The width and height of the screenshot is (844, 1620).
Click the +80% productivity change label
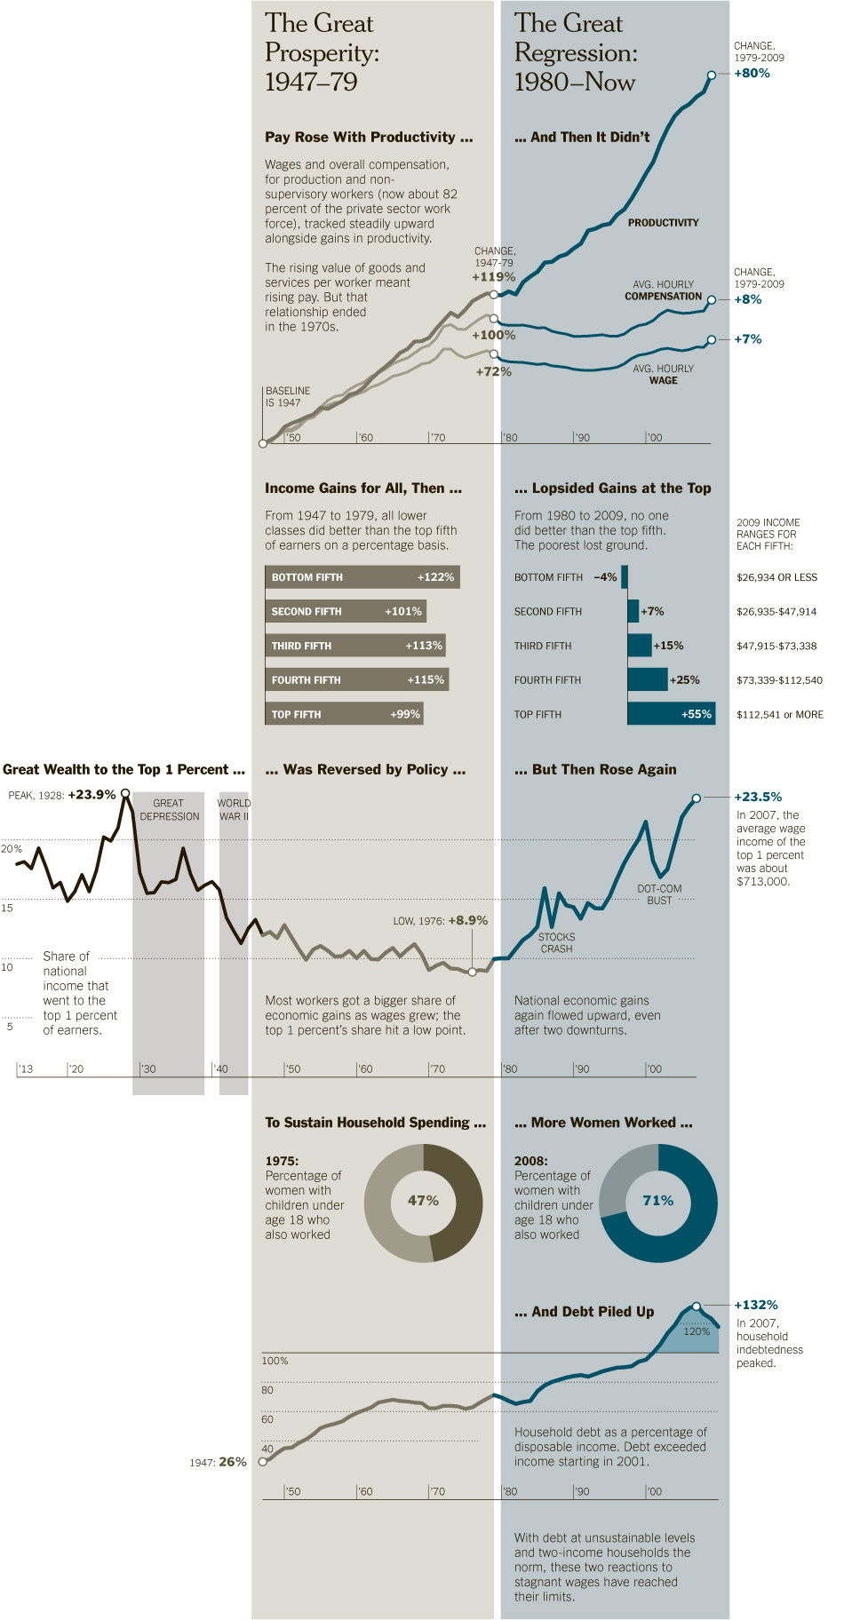pyautogui.click(x=752, y=73)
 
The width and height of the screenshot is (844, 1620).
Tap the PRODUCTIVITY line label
pyautogui.click(x=663, y=223)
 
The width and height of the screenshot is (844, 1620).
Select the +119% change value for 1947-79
pyautogui.click(x=493, y=277)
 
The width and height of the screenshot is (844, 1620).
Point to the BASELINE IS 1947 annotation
pyautogui.click(x=287, y=397)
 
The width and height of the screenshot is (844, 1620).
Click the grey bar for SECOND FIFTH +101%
pyautogui.click(x=346, y=611)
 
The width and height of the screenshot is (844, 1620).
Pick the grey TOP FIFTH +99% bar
pyautogui.click(x=344, y=714)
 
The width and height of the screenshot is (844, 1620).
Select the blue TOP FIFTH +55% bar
pyautogui.click(x=671, y=714)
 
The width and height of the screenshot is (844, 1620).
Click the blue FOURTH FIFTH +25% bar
pyautogui.click(x=647, y=679)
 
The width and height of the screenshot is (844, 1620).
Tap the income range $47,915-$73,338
pyautogui.click(x=776, y=646)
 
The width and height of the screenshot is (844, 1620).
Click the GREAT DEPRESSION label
pyautogui.click(x=169, y=810)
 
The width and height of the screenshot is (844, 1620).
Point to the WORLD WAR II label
pyautogui.click(x=234, y=810)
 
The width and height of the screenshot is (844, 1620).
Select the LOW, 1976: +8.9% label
pyautogui.click(x=441, y=921)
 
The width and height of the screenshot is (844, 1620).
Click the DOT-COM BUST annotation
pyautogui.click(x=659, y=894)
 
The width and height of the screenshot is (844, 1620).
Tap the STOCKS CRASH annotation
pyautogui.click(x=556, y=943)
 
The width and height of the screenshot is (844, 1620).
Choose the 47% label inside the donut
pyautogui.click(x=423, y=1201)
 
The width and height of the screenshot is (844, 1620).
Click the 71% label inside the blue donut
pyautogui.click(x=657, y=1201)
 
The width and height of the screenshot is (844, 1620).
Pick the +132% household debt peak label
pyautogui.click(x=756, y=1305)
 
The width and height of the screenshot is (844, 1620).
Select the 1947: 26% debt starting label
pyautogui.click(x=218, y=1462)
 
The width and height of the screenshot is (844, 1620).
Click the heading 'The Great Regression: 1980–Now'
pyautogui.click(x=575, y=52)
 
